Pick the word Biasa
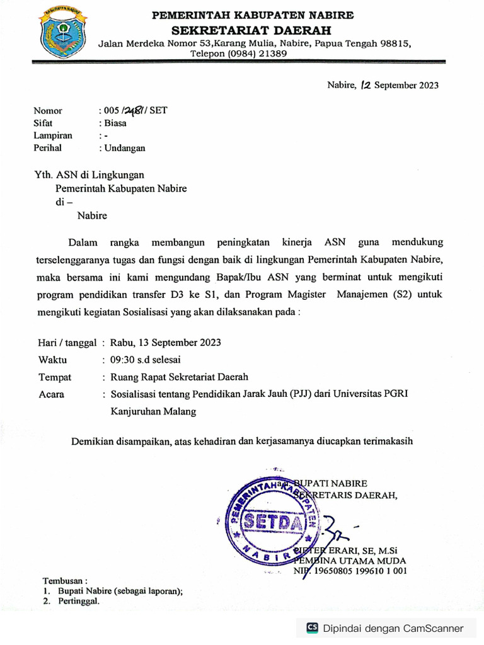pos(115,123)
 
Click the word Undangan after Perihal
pos(124,149)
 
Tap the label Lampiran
pos(53,136)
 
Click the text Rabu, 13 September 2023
pos(165,343)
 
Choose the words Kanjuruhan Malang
pos(153,412)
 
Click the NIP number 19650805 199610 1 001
pos(360,571)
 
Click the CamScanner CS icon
pos(312,627)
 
